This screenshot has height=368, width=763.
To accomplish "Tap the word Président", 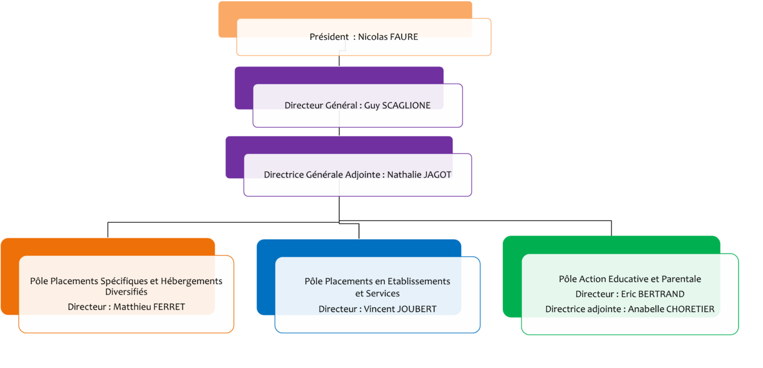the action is pos(329,36).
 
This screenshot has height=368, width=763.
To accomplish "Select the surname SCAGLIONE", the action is pos(406,105).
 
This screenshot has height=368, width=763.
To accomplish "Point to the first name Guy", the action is pos(372,106).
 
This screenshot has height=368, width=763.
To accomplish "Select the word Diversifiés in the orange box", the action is pos(126,292).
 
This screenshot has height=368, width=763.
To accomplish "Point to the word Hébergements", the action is pos(191,281).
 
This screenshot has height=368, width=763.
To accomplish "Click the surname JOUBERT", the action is pos(417,309).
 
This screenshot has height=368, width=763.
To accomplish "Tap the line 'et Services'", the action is pos(377,293).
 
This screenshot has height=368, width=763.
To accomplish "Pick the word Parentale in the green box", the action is pos(681,279).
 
